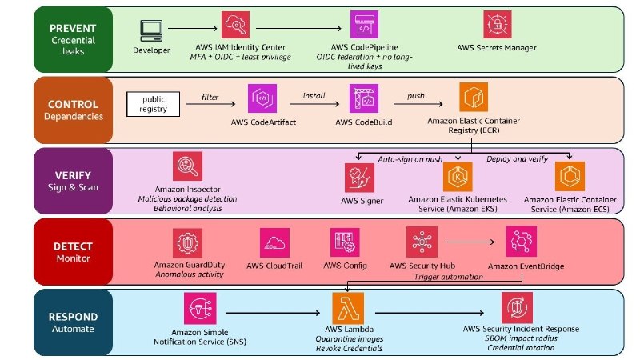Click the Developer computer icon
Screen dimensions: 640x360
pos(151,30)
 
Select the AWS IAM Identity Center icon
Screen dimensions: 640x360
pos(235,25)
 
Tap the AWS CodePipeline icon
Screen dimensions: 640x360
pos(364,25)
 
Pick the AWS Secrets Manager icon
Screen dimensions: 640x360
pos(497,25)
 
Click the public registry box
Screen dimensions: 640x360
pos(153,104)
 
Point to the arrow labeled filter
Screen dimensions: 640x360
pos(210,104)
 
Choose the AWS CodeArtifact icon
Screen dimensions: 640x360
pos(262,98)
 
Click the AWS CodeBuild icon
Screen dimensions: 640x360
pos(364,98)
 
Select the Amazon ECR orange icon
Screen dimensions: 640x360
pos(474,97)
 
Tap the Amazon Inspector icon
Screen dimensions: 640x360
pos(187,166)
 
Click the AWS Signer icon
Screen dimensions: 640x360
pos(359,178)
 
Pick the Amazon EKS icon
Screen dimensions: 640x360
pos(458,177)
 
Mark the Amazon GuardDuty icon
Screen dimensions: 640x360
pos(187,243)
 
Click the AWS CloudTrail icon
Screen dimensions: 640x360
pos(274,243)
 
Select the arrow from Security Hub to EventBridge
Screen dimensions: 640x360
pos(470,242)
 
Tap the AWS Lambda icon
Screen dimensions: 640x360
pos(348,308)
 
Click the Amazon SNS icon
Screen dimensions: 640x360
pos(200,308)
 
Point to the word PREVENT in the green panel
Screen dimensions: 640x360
pos(73,28)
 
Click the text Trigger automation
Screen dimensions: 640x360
pos(449,277)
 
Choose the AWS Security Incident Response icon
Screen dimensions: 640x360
pos(517,308)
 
